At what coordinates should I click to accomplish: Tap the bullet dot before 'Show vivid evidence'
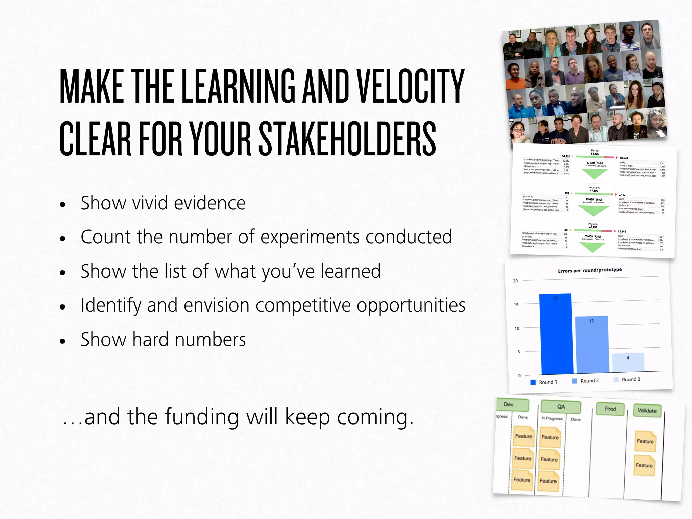click(62, 204)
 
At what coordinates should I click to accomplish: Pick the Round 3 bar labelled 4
click(628, 362)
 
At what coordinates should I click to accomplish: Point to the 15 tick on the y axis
click(516, 305)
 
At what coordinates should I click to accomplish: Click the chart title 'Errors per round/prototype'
click(590, 270)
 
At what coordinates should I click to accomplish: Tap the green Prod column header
click(610, 409)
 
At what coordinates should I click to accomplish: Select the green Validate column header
click(647, 411)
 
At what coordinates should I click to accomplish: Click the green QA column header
click(561, 407)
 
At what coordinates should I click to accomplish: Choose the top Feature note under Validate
click(645, 441)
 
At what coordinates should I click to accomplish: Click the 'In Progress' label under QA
click(552, 418)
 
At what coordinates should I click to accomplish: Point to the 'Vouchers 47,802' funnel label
click(594, 189)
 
